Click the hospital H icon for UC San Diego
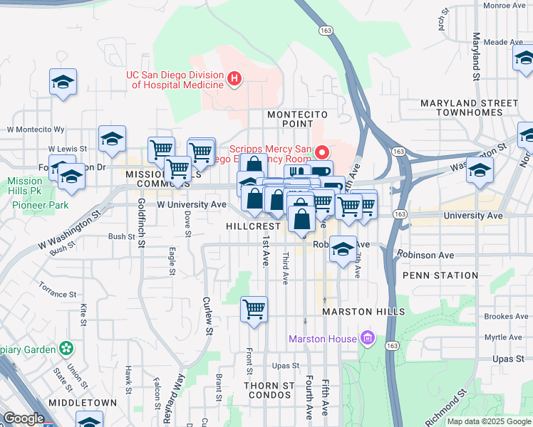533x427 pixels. point(234,80)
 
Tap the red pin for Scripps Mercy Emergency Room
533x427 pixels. point(322,152)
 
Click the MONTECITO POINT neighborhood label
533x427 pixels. point(297,119)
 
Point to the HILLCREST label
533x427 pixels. point(253,226)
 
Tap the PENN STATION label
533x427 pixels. point(440,275)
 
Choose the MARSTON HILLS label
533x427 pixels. point(363,312)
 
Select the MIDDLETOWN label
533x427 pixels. point(83,403)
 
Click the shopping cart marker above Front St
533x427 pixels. point(254,310)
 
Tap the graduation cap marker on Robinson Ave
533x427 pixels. point(343,251)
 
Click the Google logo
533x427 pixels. point(24,418)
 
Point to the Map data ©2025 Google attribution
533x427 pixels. point(488,421)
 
